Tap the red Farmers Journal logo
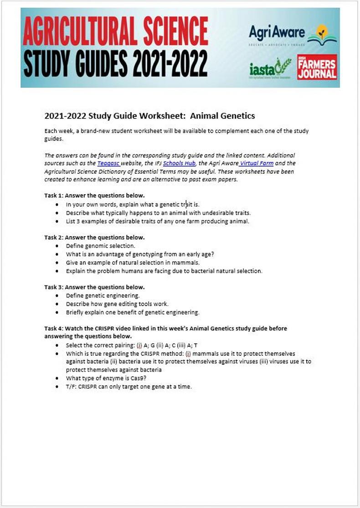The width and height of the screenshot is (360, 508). point(317,67)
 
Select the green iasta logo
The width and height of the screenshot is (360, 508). point(270,69)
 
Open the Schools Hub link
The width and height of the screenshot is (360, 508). point(180,163)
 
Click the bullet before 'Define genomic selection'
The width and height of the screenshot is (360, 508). point(57,246)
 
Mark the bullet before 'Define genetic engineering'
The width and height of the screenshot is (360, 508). point(57,295)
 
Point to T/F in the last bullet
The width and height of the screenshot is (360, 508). point(71,386)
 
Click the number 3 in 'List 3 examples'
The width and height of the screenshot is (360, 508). point(77,221)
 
